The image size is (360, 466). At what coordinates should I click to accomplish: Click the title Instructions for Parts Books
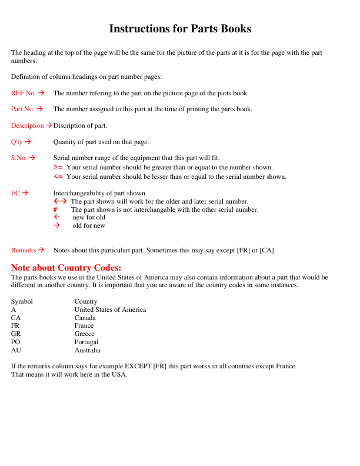point(180,29)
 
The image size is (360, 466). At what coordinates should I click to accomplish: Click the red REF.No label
point(23,93)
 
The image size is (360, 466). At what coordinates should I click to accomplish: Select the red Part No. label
point(23,109)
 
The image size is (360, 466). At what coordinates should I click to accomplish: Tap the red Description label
point(27,125)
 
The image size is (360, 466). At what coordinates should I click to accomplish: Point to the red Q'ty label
point(17,142)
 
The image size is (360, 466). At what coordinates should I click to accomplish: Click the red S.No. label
point(19,158)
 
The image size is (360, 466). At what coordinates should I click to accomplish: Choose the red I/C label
point(16,193)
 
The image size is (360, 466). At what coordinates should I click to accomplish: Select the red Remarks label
point(24,250)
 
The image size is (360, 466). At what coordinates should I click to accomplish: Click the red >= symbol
point(58,168)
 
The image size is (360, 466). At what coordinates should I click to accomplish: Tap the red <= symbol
point(58,177)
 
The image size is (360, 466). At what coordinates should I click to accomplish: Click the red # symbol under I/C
point(55,209)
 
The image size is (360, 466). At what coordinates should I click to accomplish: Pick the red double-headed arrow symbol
point(60,201)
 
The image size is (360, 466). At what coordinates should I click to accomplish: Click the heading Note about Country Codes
point(66,268)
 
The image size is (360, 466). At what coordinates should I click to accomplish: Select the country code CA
point(16,318)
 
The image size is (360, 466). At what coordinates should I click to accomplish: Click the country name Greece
point(84,334)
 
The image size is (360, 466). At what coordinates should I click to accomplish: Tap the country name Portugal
point(86,342)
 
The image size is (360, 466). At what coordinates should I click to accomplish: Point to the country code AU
point(16,350)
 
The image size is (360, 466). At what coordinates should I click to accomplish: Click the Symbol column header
point(22,301)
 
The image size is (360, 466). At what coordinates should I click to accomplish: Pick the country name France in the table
point(84,325)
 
